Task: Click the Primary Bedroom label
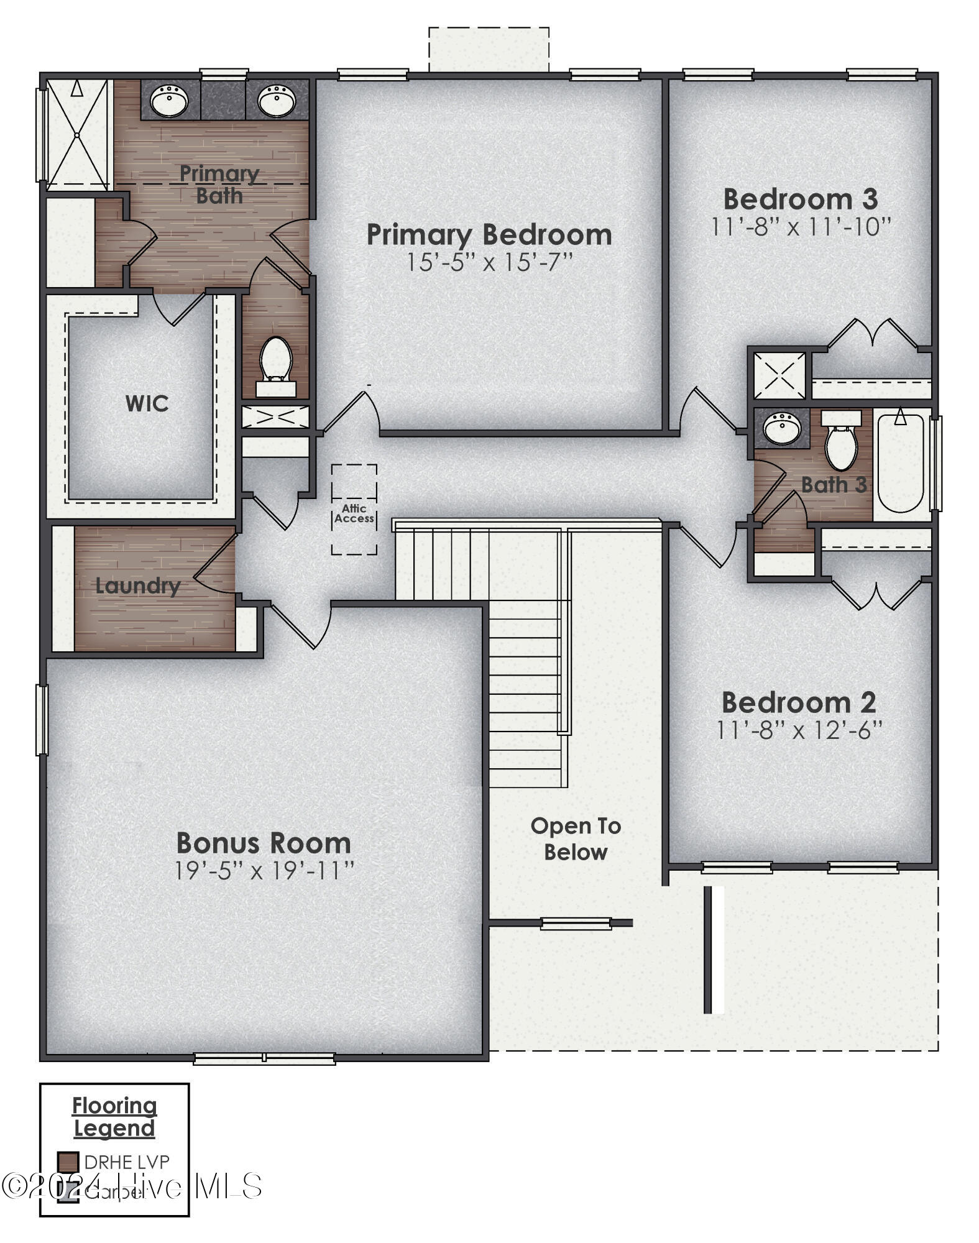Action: (x=489, y=235)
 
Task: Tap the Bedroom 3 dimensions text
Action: (x=801, y=227)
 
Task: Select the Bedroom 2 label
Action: (x=799, y=703)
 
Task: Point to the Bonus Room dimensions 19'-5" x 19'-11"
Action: (x=264, y=871)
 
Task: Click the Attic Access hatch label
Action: (x=354, y=513)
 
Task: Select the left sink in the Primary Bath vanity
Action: (x=169, y=101)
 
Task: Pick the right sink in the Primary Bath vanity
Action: (x=277, y=101)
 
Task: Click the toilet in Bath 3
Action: (x=841, y=444)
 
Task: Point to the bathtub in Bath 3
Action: (x=900, y=463)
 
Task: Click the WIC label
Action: (x=147, y=404)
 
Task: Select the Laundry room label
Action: (x=137, y=585)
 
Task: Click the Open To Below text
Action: (x=576, y=839)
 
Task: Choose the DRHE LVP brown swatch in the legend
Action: (x=68, y=1162)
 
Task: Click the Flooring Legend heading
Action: (x=114, y=1117)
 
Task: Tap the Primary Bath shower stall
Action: (x=78, y=134)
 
